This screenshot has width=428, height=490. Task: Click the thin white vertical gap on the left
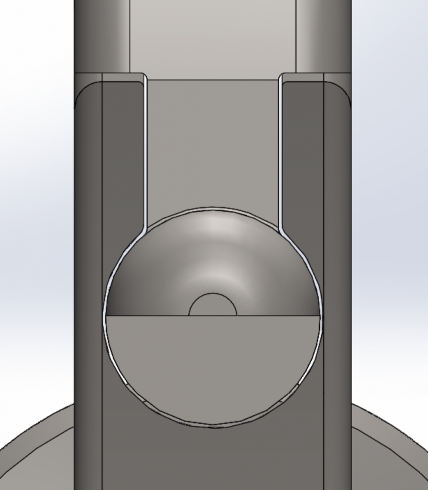point(145,153)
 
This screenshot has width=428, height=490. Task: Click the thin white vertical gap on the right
point(281,153)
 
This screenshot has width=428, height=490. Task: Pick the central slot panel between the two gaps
point(213,144)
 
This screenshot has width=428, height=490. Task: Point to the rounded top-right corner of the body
point(345,89)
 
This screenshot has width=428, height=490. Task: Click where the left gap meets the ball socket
point(144,229)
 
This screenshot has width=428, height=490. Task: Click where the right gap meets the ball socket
point(281,229)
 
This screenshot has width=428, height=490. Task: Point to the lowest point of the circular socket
point(213,425)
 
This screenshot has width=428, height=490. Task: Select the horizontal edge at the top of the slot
point(213,80)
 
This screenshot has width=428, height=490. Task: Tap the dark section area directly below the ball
point(213,459)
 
